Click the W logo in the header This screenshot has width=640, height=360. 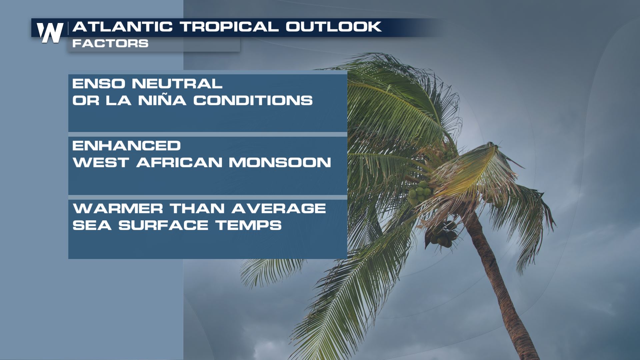coord(50,33)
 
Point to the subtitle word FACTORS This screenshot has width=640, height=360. coord(110,43)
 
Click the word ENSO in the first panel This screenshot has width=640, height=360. coord(99,84)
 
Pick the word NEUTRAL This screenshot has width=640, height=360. coord(177,84)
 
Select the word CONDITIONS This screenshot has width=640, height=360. coord(253,100)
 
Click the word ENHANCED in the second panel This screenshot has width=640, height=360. coord(127,146)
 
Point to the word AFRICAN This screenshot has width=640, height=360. coord(179,162)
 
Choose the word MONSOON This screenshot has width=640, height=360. coord(280,162)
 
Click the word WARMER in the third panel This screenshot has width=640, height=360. coord(118,209)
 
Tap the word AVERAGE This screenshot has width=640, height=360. coord(279,209)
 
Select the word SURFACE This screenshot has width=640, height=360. coord(164,225)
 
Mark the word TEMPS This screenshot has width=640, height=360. coord(249,225)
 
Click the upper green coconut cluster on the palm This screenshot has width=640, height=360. coord(420,193)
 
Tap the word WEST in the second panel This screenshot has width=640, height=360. coord(101,162)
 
